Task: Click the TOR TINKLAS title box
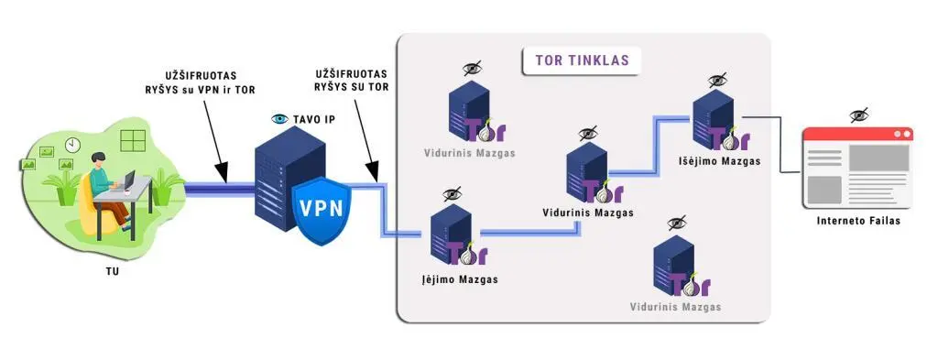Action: point(582,61)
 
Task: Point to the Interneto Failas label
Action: point(857,221)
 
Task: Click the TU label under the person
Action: point(111,271)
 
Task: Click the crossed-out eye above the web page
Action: point(858,115)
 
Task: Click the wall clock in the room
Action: point(72,145)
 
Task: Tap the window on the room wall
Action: point(134,140)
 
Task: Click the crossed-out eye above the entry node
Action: point(452,194)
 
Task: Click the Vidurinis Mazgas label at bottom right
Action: point(675,306)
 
